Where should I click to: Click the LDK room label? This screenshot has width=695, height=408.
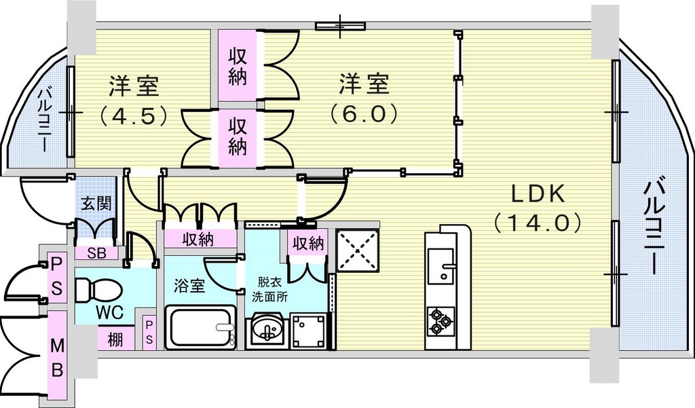(538, 193)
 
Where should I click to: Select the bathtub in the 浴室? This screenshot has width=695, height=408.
(200, 327)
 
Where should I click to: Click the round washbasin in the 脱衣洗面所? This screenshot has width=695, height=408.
(266, 330)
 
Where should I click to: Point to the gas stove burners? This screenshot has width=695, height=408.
(440, 320)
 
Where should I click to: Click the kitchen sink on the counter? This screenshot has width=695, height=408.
(440, 267)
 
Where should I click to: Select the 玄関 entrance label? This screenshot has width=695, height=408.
(96, 204)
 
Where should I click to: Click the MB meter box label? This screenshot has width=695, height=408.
(57, 357)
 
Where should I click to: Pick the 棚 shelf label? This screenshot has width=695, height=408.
(115, 339)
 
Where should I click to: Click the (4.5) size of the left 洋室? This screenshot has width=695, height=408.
(134, 115)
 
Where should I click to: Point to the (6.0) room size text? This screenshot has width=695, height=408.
(363, 115)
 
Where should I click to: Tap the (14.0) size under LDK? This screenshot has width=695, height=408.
(538, 223)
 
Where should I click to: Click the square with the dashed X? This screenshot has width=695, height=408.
(358, 251)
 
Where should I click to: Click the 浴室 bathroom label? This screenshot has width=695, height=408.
(189, 286)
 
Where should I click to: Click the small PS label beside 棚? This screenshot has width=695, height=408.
(149, 333)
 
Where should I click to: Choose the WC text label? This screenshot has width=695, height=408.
(109, 313)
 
